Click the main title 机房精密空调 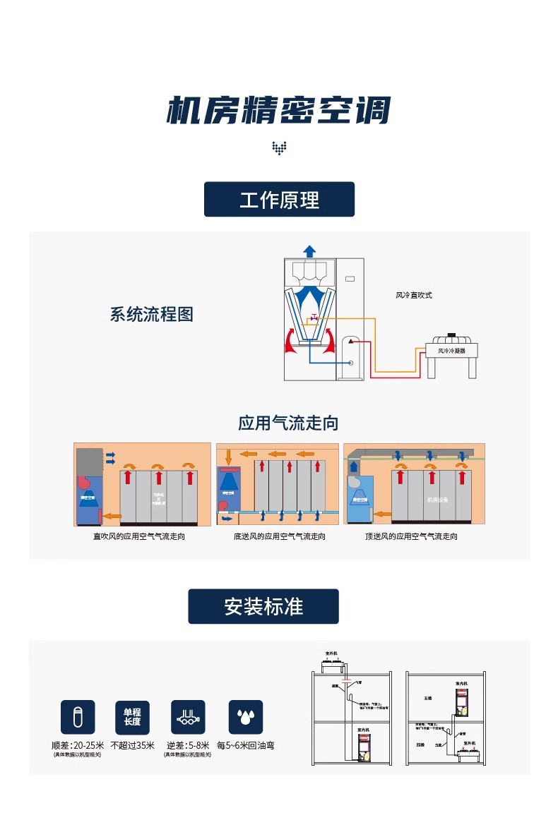[x=278, y=111]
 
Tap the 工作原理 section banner [x=279, y=200]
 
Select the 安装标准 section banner [x=263, y=606]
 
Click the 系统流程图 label [x=151, y=314]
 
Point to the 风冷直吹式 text [x=413, y=295]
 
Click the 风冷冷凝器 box [x=451, y=350]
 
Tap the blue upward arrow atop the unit [x=309, y=251]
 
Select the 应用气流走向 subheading [x=288, y=423]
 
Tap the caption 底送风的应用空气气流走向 [x=280, y=536]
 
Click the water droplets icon [x=245, y=717]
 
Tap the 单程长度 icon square [x=132, y=717]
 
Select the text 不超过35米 [x=132, y=745]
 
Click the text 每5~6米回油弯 [x=246, y=745]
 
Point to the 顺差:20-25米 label [x=78, y=745]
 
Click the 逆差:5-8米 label [x=188, y=745]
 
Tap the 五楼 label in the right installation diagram [x=427, y=698]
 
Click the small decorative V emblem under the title [x=279, y=147]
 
